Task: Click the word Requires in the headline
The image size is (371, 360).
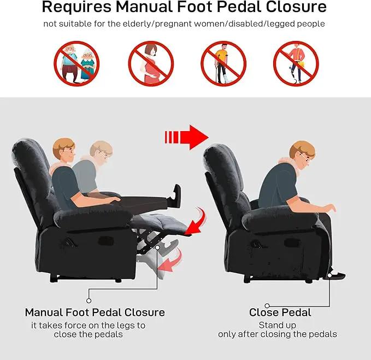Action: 76,7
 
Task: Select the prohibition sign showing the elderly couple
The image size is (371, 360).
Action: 76,63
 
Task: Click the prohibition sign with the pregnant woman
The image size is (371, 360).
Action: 151,63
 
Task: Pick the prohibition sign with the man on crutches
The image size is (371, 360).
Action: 223,63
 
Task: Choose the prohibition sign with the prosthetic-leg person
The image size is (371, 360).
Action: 296,63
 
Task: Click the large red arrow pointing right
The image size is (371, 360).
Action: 186,137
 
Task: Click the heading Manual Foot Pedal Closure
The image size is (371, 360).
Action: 95,312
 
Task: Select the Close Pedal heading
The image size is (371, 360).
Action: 280,312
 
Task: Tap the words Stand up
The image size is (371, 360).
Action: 278,326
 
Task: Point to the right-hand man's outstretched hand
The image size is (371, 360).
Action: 330,208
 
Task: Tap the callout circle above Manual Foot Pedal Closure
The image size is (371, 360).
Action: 89,300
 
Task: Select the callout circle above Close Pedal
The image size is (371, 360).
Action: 267,305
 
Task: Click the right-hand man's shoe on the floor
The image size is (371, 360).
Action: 336,274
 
